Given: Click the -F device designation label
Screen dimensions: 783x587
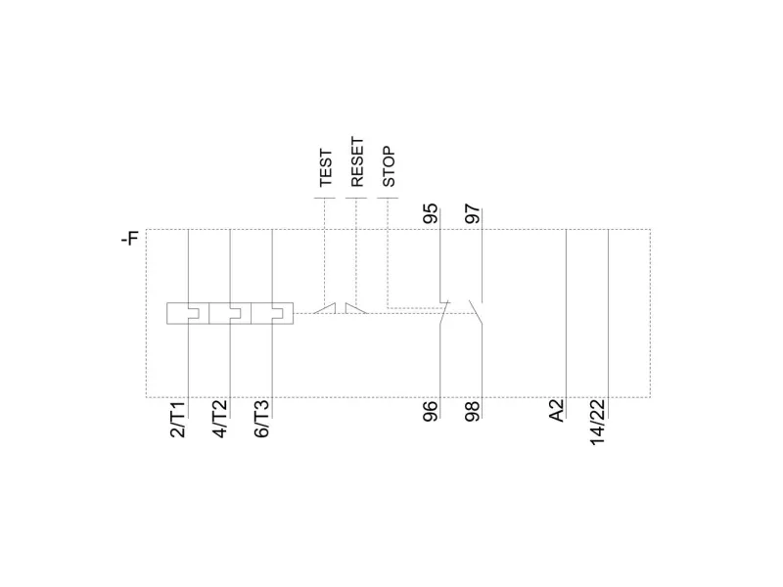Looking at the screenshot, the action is (130, 239).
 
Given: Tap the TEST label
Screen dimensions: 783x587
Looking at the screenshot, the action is (326, 167).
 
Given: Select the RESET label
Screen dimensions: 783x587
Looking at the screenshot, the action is (357, 162).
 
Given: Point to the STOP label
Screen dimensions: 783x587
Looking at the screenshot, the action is (389, 166).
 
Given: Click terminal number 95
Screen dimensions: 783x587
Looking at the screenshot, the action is (431, 213).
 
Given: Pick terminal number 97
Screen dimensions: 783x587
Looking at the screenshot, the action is (473, 213).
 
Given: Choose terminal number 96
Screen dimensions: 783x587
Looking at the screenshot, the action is (431, 411).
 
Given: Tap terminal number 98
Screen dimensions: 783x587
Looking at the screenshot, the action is (473, 411).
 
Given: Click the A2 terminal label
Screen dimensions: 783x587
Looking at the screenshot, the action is (557, 410).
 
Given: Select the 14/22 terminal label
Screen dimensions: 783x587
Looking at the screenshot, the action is (598, 423).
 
